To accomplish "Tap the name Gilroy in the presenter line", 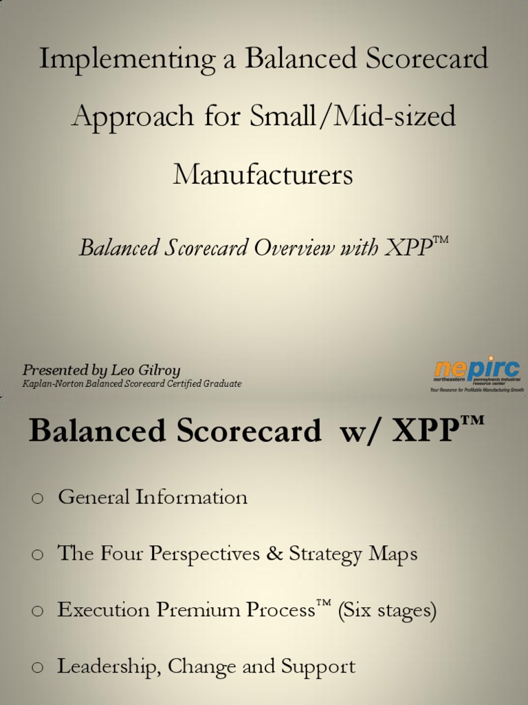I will click(x=156, y=370).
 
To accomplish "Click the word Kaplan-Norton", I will click(x=53, y=384).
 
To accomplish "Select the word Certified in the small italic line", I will click(x=186, y=384).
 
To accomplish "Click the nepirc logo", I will click(x=476, y=373).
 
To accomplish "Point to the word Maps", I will click(x=393, y=554).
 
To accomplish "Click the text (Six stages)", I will click(x=387, y=611).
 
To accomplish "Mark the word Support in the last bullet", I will click(x=320, y=667).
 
